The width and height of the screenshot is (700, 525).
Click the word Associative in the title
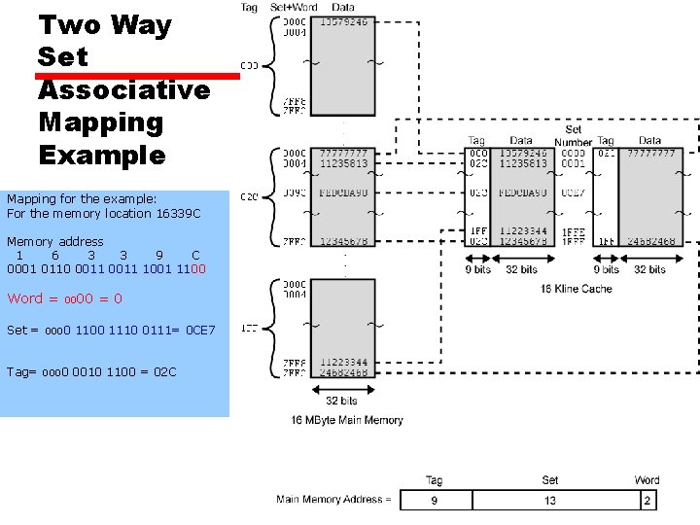tap(123, 89)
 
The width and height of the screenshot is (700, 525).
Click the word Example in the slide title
tap(102, 155)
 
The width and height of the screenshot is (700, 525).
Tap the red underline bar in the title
tap(137, 74)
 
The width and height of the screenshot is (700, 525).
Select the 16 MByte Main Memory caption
tap(347, 420)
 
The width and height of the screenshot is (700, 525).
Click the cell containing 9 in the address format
tap(436, 500)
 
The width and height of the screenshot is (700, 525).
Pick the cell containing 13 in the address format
tap(550, 500)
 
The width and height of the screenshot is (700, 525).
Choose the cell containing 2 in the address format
tap(647, 500)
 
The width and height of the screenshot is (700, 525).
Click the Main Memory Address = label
tap(333, 500)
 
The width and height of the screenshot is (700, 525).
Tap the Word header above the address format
tap(647, 480)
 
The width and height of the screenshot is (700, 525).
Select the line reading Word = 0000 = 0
tap(64, 298)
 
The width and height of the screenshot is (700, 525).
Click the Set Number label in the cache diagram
tap(574, 135)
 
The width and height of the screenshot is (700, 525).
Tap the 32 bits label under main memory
tap(342, 401)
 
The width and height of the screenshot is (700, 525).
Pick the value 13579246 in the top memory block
tap(343, 21)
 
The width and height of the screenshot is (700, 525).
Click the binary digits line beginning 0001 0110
tap(106, 268)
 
